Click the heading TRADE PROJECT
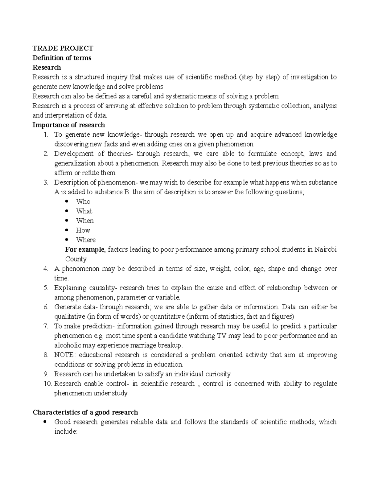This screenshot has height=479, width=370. click(x=63, y=48)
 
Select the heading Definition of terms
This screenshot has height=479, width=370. click(x=62, y=58)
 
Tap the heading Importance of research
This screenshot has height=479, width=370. click(x=69, y=125)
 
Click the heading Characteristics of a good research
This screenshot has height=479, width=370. click(x=85, y=412)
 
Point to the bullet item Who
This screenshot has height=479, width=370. click(x=83, y=201)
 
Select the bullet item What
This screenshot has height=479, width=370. click(x=84, y=211)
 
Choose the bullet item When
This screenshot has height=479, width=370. click(x=85, y=221)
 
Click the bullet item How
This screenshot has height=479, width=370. click(x=83, y=230)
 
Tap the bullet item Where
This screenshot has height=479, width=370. click(x=86, y=240)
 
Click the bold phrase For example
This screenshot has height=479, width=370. click(x=85, y=249)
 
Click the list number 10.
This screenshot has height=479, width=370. click(x=48, y=384)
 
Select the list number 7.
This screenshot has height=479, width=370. click(x=46, y=326)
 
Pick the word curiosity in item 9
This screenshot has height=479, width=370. click(x=218, y=374)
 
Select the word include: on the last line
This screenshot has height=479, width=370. click(x=65, y=432)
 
